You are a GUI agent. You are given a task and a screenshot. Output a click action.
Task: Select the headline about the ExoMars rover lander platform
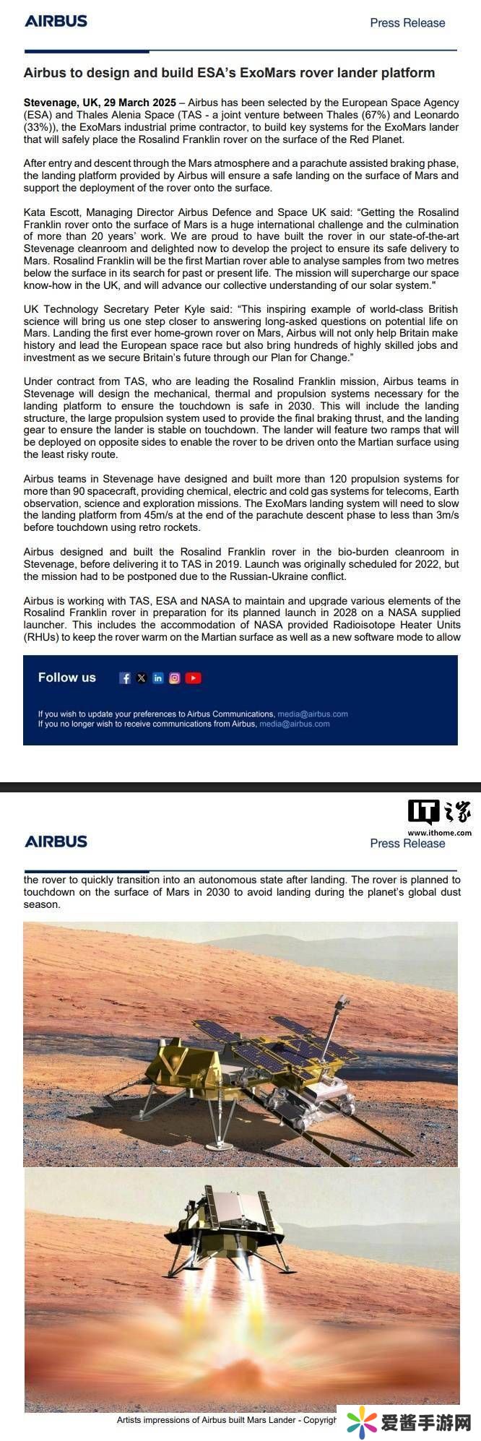tap(229, 73)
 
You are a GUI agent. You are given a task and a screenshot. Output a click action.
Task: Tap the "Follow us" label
tap(66, 678)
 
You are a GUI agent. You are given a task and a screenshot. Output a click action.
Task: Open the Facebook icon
tap(125, 678)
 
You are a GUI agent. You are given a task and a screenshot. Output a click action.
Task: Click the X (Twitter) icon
tap(142, 678)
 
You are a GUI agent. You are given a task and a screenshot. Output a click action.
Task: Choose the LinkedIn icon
tap(158, 678)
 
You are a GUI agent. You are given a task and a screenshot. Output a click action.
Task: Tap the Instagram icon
tap(175, 678)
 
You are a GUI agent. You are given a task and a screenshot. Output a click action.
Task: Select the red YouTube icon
tap(193, 678)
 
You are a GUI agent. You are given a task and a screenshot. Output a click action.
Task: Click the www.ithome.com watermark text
tap(439, 833)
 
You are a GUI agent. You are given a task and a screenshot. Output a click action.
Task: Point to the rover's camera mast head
tap(342, 1003)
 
